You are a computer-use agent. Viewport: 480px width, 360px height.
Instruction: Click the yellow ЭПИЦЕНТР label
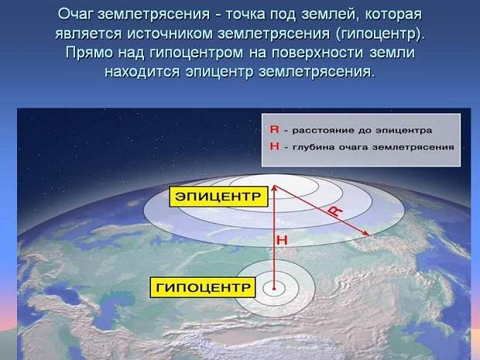[218, 197]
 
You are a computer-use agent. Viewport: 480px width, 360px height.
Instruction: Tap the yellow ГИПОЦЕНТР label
[203, 287]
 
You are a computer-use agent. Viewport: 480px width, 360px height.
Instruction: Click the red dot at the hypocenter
[274, 288]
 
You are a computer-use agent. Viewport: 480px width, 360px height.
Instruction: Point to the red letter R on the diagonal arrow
[335, 211]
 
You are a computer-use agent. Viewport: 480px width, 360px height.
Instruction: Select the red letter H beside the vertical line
[282, 240]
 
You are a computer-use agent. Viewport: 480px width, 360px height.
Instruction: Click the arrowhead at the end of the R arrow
[366, 234]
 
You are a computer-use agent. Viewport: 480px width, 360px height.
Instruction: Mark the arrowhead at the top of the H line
[274, 188]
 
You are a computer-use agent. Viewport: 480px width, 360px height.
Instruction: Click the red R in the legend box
[274, 129]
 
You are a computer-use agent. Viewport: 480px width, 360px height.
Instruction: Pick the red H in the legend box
[274, 146]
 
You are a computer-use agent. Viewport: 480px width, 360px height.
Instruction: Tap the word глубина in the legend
[314, 147]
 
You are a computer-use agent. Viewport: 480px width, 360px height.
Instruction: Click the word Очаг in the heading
[75, 15]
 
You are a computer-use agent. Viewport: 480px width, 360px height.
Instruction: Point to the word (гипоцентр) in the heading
[380, 34]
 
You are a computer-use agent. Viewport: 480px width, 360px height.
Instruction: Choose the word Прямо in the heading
[89, 53]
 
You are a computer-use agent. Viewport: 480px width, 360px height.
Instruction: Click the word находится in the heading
[142, 72]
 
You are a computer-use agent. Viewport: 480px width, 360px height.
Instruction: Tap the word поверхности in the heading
[317, 53]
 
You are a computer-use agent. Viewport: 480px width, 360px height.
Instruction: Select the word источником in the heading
[170, 33]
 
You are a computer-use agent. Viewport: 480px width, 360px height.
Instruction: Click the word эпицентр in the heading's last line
[220, 72]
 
